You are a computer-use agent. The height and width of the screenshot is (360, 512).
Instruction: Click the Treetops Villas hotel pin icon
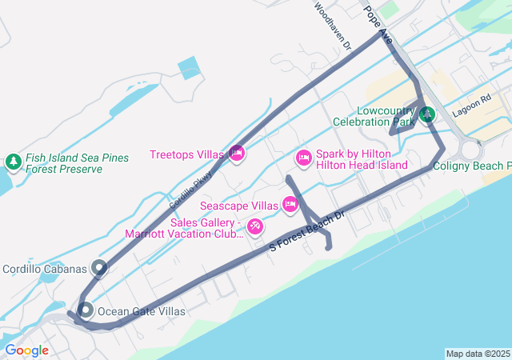click(x=236, y=153)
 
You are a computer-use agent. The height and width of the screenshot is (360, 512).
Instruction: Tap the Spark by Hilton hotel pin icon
click(x=303, y=158)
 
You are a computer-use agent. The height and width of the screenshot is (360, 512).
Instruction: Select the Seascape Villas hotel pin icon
click(x=290, y=205)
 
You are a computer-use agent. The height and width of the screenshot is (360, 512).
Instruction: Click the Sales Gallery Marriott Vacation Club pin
click(x=255, y=227)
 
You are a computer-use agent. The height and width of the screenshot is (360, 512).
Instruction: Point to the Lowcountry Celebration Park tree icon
click(x=427, y=114)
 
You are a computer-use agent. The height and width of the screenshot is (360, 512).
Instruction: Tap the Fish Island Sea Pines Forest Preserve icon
click(x=13, y=162)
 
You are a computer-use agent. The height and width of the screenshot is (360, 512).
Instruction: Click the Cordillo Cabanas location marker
click(x=99, y=267)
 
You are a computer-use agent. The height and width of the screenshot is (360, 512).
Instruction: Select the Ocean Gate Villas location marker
click(x=86, y=310)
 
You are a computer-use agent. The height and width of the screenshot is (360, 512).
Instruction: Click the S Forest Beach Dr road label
click(x=306, y=232)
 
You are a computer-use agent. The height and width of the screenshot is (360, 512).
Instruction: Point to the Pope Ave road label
click(x=378, y=25)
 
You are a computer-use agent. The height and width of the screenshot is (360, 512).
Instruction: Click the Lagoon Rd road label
click(x=471, y=106)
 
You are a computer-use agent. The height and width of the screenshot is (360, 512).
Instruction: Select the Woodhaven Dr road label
click(x=333, y=26)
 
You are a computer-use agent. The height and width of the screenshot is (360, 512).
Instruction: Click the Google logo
click(x=26, y=350)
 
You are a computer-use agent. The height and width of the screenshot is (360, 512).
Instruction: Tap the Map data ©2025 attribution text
click(x=478, y=354)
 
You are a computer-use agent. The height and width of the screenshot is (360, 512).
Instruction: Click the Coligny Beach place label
click(x=472, y=166)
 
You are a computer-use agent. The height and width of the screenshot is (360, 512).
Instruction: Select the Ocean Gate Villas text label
click(x=141, y=311)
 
